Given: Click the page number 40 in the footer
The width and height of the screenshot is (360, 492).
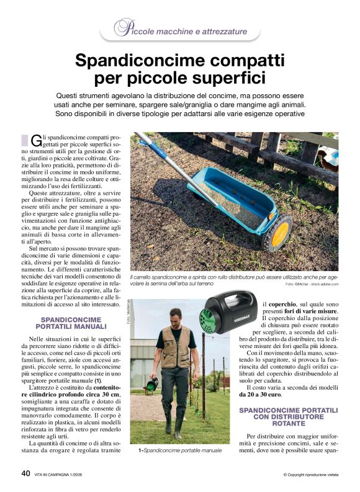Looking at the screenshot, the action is [25, 473].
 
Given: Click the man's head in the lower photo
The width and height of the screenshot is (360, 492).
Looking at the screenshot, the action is [176, 316].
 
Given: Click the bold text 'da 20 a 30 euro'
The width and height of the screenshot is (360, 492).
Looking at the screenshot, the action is [261, 394].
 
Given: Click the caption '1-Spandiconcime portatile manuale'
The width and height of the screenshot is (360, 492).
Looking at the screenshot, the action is [179, 452].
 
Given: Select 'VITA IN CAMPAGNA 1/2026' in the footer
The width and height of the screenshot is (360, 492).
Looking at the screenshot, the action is [65, 475].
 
